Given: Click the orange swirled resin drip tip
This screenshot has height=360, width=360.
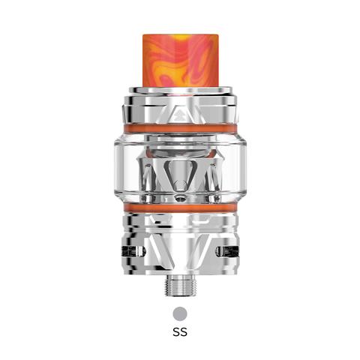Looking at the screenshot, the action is click(x=180, y=61).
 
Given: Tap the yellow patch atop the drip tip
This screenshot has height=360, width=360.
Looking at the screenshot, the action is click(x=178, y=37).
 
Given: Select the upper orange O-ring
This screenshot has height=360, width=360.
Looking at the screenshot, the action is click(x=180, y=128).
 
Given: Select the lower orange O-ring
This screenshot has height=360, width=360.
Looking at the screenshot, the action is click(x=180, y=208).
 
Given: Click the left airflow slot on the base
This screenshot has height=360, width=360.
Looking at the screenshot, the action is click(x=133, y=251).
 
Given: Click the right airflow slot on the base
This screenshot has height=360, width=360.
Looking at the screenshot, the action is click(x=227, y=251).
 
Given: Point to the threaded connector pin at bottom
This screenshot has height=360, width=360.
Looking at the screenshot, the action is click(x=181, y=286).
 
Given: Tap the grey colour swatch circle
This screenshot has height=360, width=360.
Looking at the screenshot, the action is click(x=180, y=313).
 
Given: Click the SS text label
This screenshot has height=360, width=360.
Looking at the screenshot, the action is click(x=180, y=332).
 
